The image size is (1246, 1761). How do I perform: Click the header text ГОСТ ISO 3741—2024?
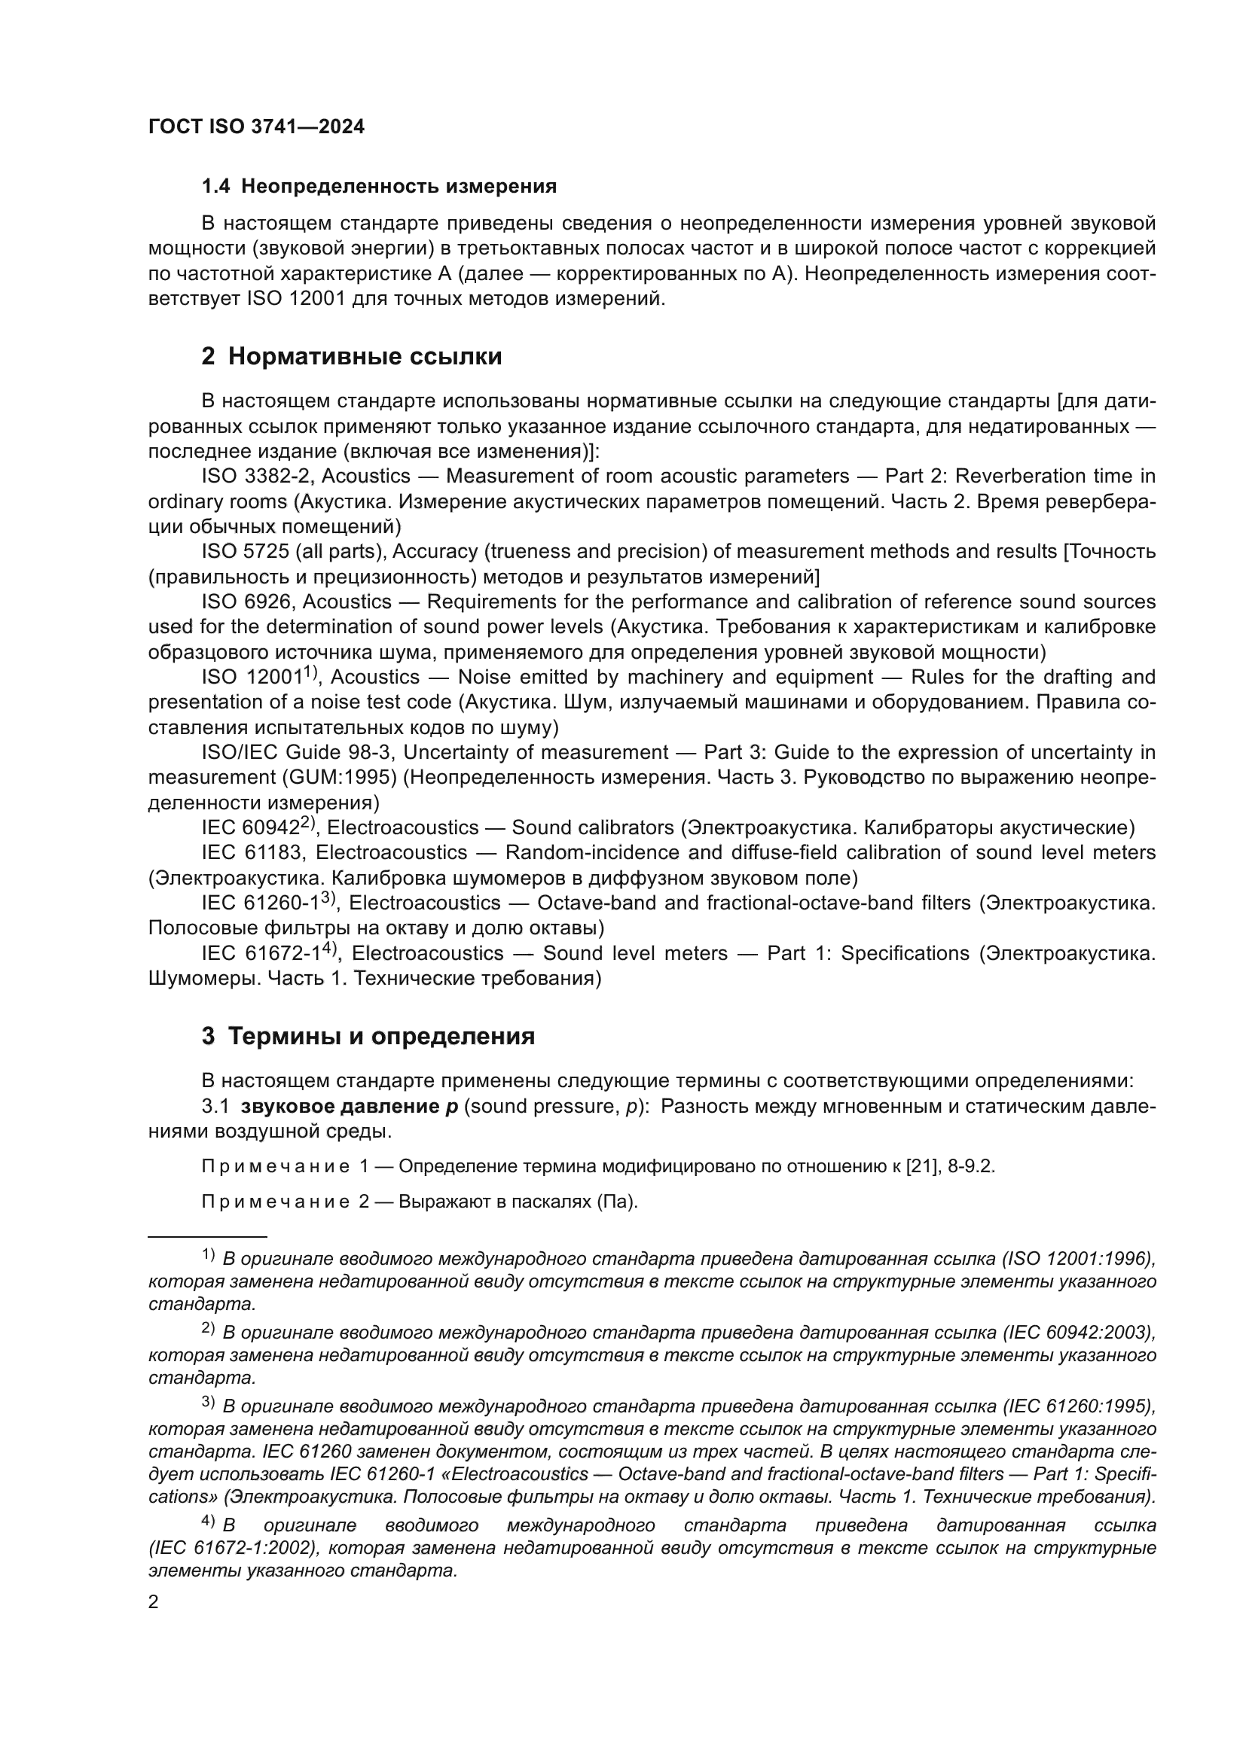256,127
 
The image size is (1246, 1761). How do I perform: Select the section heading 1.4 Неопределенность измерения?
379,187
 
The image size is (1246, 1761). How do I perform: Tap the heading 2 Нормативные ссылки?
351,357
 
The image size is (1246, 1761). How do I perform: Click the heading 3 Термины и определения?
368,1036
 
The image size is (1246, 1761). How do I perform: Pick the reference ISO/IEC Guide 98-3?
297,752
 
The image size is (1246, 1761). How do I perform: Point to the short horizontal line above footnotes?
207,1236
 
